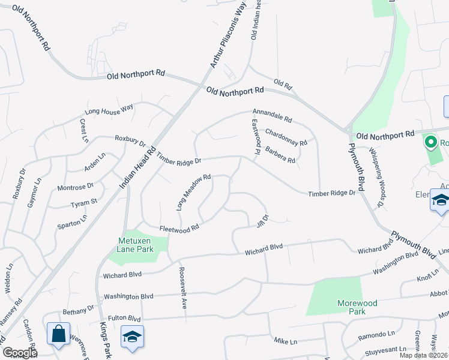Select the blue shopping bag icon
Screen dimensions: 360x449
(x=59, y=334)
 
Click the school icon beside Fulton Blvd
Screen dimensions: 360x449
(x=132, y=336)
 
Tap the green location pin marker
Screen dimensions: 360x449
(x=430, y=143)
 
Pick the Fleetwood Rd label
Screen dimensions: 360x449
(x=179, y=229)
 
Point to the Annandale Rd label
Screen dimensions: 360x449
(x=271, y=115)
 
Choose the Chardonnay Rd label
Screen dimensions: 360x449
(x=286, y=138)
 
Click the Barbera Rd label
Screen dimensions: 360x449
(x=280, y=155)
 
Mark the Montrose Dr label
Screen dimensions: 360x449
(x=76, y=187)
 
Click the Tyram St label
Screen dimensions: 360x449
(x=85, y=202)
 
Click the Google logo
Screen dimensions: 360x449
(x=20, y=353)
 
